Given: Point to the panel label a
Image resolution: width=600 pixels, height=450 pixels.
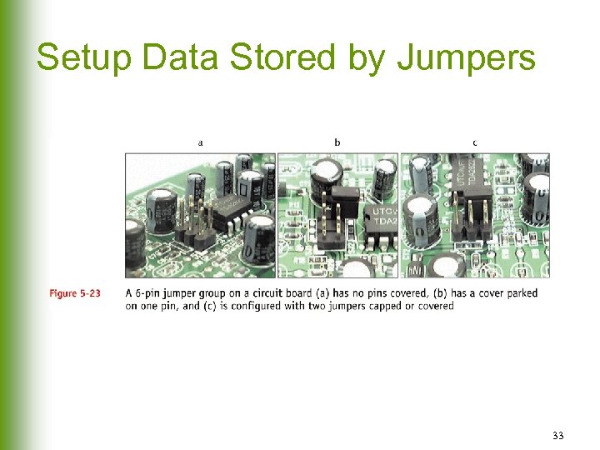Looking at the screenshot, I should [200, 142].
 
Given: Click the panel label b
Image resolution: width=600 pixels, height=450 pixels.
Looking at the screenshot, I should [337, 142].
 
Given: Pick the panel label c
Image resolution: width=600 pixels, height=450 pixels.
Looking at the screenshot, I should [475, 142].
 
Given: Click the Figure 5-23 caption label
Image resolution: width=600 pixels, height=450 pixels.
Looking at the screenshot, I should [75, 293].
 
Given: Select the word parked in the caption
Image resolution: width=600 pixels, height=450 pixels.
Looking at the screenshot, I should [520, 293].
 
